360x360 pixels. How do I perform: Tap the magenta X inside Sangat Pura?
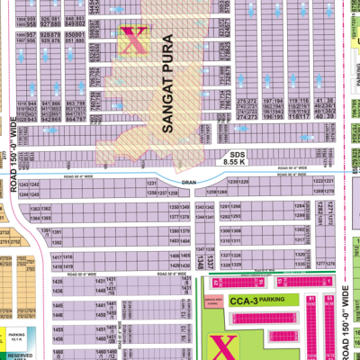[x=137, y=39]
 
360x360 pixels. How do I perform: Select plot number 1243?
[x=55, y=184]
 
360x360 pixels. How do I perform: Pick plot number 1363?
[x=60, y=208]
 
